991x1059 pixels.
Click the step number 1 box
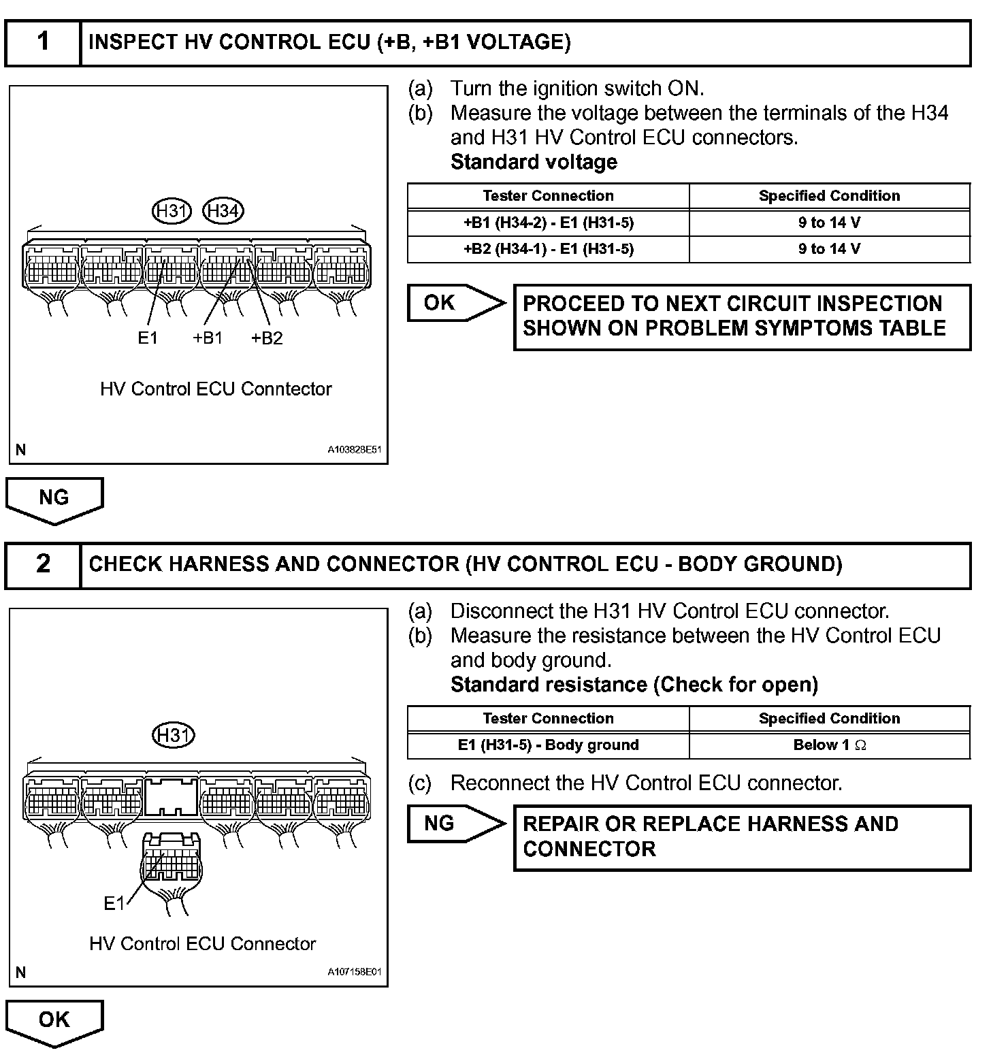pos(43,42)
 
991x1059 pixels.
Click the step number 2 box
pos(43,564)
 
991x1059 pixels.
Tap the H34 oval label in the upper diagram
pos(223,211)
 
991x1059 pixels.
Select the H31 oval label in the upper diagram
pos(172,211)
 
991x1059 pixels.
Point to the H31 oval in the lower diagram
pos(174,735)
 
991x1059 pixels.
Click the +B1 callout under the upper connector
pos(208,338)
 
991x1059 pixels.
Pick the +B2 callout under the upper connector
pos(267,338)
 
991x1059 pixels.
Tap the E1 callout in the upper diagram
pos(148,338)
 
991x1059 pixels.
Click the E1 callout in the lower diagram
pos(114,903)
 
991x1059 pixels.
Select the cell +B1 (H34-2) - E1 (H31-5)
pos(548,223)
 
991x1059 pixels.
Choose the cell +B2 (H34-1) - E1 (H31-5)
pos(548,249)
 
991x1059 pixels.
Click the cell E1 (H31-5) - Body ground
pos(548,745)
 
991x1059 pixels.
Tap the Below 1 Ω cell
pos(829,745)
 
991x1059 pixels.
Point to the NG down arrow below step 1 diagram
pos(54,500)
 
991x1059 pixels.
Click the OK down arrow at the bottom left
pos(54,1022)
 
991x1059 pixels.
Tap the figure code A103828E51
pos(354,450)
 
